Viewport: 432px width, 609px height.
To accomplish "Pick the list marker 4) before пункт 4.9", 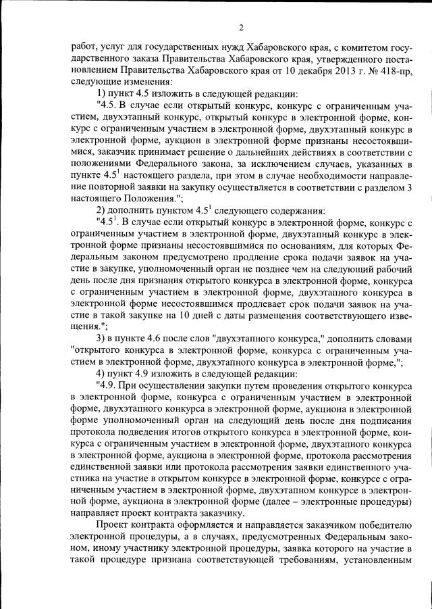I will pyautogui.click(x=103, y=374).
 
